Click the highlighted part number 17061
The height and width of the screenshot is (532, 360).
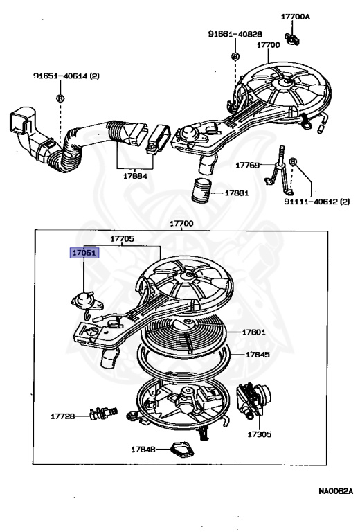84,253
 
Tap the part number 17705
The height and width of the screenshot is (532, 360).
123,238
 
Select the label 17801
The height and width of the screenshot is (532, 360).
253,332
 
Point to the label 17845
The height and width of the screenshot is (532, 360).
258,355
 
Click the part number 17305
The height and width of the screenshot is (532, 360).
260,434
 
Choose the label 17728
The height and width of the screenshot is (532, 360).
63,416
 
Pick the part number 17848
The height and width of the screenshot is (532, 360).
143,450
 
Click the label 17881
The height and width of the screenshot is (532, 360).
237,193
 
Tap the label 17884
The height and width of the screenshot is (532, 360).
135,176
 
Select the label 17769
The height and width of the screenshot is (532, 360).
247,166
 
